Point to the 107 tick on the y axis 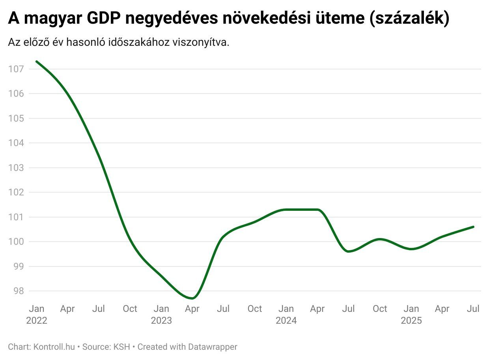(16, 69)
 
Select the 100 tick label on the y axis (16, 242)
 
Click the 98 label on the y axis (18, 291)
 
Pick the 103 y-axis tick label (16, 168)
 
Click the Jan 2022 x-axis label (37, 314)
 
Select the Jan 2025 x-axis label (411, 314)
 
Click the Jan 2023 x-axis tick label (161, 314)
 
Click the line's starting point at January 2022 (36, 62)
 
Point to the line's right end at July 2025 (473, 227)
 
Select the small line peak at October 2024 (379, 239)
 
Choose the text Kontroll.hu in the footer (54, 347)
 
